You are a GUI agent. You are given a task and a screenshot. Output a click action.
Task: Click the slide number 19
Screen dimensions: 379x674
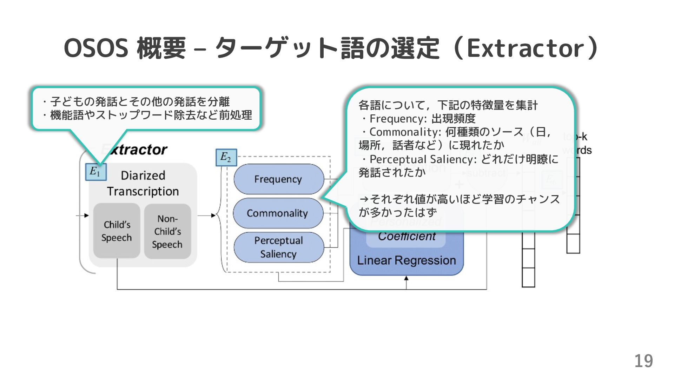point(643,361)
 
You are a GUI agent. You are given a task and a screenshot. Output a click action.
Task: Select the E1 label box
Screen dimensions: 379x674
point(95,172)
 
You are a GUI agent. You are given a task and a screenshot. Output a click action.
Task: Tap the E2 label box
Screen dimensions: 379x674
point(226,158)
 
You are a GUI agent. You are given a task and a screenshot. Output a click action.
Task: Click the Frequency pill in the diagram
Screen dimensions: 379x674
point(278,179)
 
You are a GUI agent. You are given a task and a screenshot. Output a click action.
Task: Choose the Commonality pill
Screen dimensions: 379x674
point(277,213)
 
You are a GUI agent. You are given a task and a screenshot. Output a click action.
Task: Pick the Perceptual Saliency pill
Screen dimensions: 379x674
point(278,247)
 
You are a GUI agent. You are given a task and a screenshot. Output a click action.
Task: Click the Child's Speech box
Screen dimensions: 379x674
point(117,231)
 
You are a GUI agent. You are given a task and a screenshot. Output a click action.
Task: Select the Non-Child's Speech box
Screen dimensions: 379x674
point(167,232)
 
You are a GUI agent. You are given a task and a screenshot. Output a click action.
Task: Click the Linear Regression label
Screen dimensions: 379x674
point(407,261)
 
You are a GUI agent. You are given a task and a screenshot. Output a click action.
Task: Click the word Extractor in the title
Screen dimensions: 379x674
point(526,48)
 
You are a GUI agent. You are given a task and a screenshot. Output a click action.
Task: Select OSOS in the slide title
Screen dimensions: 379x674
point(96,48)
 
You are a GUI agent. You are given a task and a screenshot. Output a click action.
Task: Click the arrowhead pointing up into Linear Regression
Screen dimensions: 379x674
point(407,278)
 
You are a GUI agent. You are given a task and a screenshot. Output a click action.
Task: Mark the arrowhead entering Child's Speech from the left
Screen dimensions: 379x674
point(86,215)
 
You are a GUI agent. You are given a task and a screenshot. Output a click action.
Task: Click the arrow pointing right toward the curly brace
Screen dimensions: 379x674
point(213,215)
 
